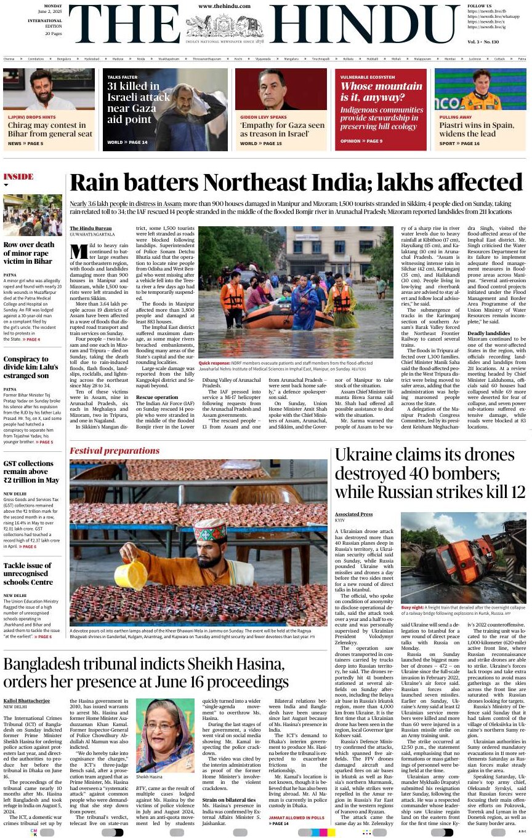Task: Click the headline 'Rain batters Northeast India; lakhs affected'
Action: [x=296, y=183]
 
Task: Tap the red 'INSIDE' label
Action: [x=18, y=177]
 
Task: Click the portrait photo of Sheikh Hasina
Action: [x=164, y=735]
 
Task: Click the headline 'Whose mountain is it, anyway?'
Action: [x=381, y=92]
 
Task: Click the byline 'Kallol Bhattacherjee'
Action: [x=27, y=701]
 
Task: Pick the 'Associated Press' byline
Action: [x=353, y=514]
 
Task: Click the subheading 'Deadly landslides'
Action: [x=489, y=333]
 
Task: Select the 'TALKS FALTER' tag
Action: [x=122, y=77]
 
